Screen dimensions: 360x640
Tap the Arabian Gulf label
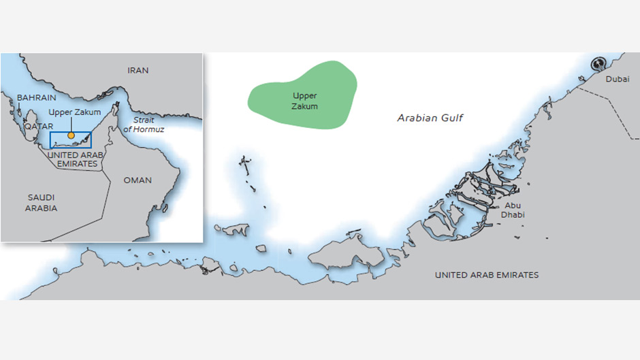pos(430,118)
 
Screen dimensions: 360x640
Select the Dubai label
pos(618,80)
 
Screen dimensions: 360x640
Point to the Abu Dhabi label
pos(514,210)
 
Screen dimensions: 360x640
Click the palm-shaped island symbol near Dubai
pos(598,63)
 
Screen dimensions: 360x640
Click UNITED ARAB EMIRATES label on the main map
pos(487,275)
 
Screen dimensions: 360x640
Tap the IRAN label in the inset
pos(138,70)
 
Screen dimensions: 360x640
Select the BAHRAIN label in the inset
pos(36,98)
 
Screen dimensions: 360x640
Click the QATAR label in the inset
pos(38,127)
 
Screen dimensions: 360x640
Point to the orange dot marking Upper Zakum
pos(71,135)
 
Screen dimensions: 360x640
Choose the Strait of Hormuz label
pos(144,125)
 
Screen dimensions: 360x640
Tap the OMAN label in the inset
pos(138,180)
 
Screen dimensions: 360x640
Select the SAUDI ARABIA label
pos(41,202)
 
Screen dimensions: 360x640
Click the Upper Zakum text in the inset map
pos(75,112)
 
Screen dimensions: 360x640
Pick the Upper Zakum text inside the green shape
pos(304,101)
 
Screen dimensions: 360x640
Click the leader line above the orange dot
pos(71,125)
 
